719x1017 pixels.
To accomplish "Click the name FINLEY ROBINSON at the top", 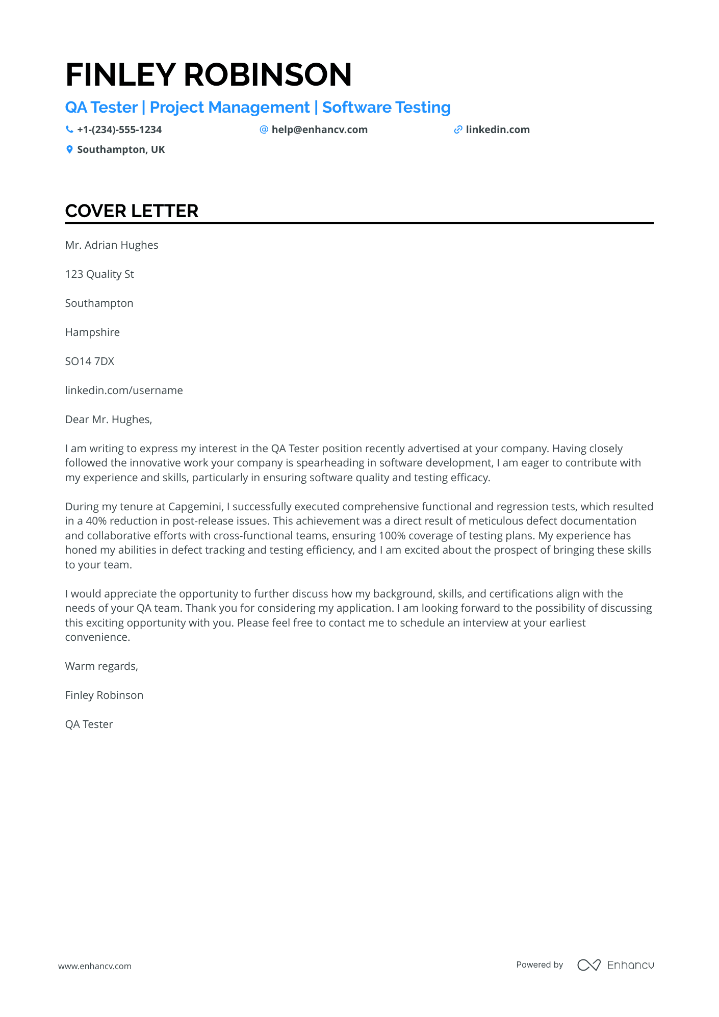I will coord(209,74).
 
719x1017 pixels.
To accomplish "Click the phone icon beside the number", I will coord(69,129).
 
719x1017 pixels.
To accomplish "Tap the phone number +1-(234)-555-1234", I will coord(119,129).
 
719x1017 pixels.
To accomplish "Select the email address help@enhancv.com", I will coord(319,129).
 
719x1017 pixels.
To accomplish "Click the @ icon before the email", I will coord(264,129).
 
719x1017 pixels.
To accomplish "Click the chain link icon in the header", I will coord(458,129).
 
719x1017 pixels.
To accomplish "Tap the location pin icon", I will coord(69,149).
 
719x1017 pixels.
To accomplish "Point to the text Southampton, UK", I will coord(121,149).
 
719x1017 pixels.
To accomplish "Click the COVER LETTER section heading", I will coord(132,211).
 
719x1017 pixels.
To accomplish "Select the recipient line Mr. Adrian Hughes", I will coord(112,245).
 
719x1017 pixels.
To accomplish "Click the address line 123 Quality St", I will coord(99,274).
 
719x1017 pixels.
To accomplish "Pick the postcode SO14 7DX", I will coord(90,361).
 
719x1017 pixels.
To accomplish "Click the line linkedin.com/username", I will coord(124,390).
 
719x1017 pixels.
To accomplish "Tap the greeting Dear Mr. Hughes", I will coord(109,420).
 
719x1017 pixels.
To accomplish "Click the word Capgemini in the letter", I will coord(195,507).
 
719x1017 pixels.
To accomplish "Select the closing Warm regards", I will coord(101,666).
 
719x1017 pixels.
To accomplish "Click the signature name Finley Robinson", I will coord(104,695).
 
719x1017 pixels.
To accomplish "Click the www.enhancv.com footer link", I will coord(95,966).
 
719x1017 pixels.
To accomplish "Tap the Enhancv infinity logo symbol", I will coord(589,965).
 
